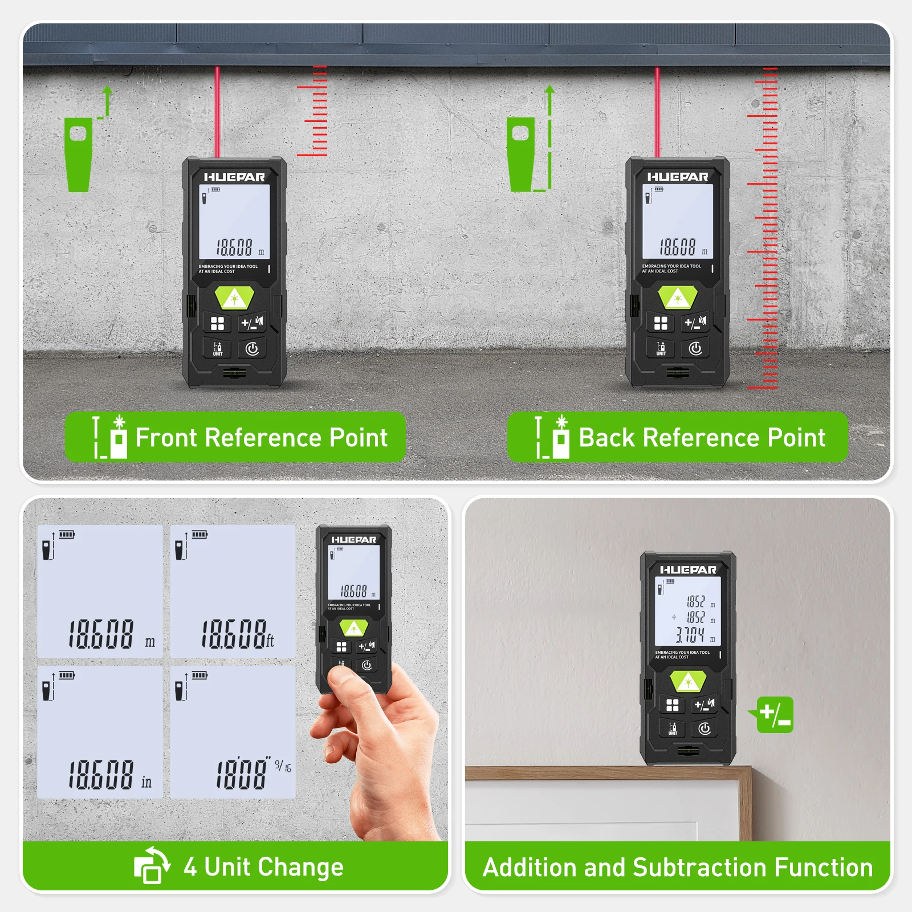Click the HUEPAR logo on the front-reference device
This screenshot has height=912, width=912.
pyautogui.click(x=234, y=177)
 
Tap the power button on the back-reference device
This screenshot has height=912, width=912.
pyautogui.click(x=695, y=348)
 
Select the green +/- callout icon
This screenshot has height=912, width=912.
pyautogui.click(x=775, y=714)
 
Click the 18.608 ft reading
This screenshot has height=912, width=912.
pyautogui.click(x=237, y=634)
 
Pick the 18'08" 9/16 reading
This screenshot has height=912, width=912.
pyautogui.click(x=251, y=773)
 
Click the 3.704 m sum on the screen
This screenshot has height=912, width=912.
pyautogui.click(x=690, y=635)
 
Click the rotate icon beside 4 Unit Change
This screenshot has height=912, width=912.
pyautogui.click(x=152, y=865)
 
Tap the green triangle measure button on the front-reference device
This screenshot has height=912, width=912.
pyautogui.click(x=234, y=298)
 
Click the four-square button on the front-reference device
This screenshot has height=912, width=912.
pyautogui.click(x=217, y=324)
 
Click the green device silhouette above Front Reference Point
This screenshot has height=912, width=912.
pyautogui.click(x=78, y=154)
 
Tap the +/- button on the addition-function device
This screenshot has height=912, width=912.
pyautogui.click(x=704, y=705)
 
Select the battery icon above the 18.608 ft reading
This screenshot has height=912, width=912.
pyautogui.click(x=199, y=535)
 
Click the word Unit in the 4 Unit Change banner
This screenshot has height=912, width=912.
pyautogui.click(x=228, y=867)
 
